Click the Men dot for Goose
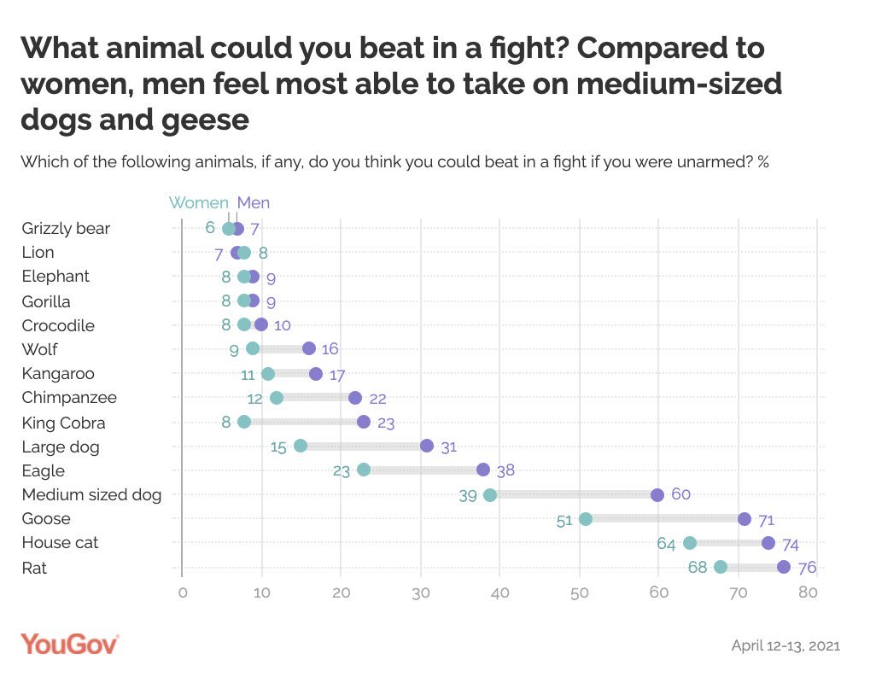click(x=744, y=519)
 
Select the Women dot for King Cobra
click(x=244, y=422)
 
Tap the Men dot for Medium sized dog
click(x=657, y=495)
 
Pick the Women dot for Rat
click(x=721, y=568)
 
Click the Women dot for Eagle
click(x=364, y=470)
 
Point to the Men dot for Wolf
click(x=309, y=348)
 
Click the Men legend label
click(x=254, y=203)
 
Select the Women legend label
click(x=198, y=203)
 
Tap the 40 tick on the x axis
click(x=500, y=594)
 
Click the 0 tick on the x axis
click(x=182, y=594)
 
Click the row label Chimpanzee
click(x=69, y=398)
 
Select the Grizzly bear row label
click(x=66, y=229)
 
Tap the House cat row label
click(x=60, y=543)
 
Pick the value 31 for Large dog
click(x=450, y=447)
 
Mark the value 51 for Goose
click(x=564, y=520)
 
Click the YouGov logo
click(x=70, y=644)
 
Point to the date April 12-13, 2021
click(x=785, y=645)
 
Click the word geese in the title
click(x=204, y=120)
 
